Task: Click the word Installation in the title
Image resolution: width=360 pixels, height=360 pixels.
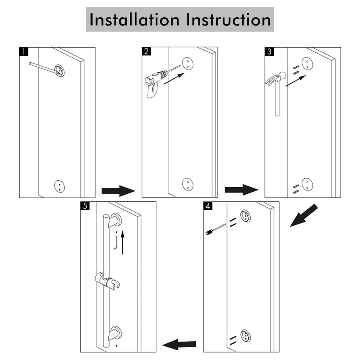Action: coord(134,20)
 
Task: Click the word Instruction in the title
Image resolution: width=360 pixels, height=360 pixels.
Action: coord(229,20)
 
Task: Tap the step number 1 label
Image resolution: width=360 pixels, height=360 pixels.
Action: coord(23,51)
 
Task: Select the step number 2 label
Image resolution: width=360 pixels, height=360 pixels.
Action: coord(146,51)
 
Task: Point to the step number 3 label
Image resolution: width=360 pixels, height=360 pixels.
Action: coord(269,51)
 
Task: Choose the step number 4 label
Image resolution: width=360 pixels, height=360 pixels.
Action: coord(208,206)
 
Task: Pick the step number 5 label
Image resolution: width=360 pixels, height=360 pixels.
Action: coord(85,206)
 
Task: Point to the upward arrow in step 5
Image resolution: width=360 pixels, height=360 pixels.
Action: coord(123,242)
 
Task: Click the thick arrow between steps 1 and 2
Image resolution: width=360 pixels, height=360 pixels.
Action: coord(118,191)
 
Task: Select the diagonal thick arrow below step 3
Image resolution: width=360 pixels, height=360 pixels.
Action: coord(303,216)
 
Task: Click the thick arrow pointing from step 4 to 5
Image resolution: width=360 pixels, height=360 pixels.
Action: coord(179,345)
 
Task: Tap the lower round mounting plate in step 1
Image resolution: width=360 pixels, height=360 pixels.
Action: coord(59,186)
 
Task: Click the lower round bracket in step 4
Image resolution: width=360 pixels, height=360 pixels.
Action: coord(245,336)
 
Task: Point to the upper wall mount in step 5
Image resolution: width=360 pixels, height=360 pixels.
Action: coord(116,220)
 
